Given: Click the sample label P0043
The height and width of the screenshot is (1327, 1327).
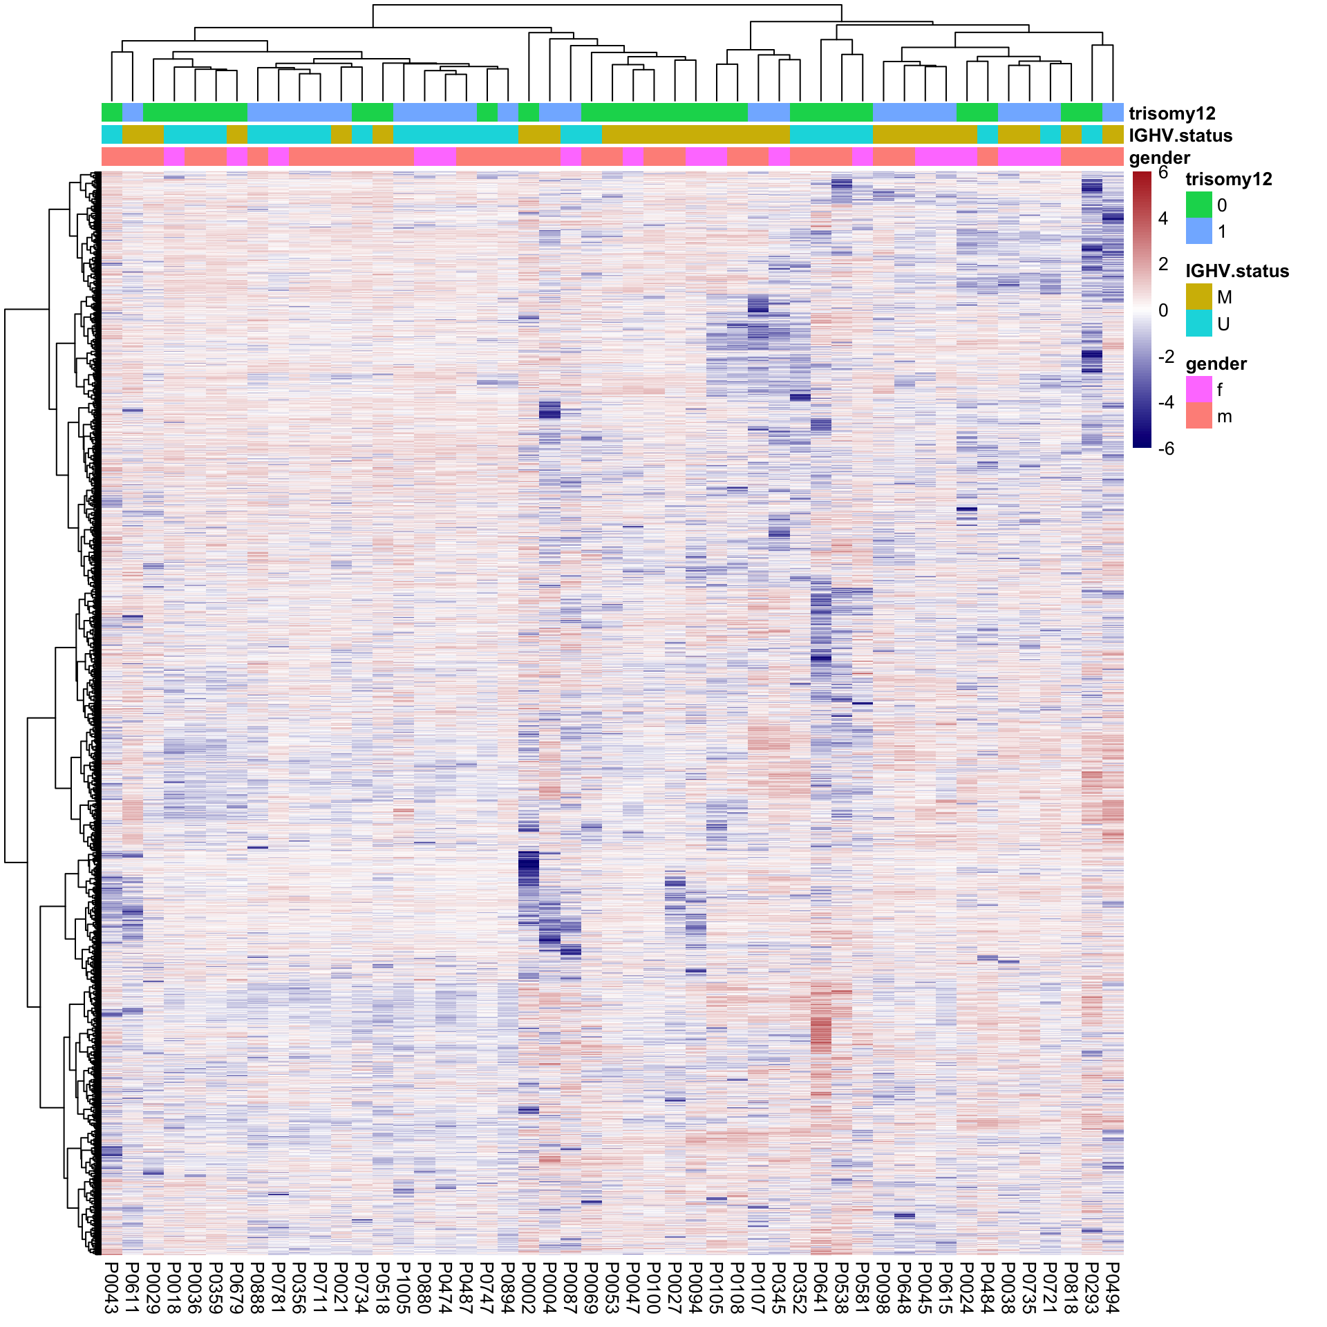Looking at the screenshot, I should pos(111,1287).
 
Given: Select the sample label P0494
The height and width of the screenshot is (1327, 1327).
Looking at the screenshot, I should pos(1113,1287).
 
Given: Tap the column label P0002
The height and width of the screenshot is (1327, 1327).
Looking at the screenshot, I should pos(529,1287).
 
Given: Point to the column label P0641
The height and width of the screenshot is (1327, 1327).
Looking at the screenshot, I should pos(821,1287).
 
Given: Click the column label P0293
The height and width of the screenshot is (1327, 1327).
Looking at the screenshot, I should pos(1092,1287).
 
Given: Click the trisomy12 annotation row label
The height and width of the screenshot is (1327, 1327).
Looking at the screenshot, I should pos(1172,113).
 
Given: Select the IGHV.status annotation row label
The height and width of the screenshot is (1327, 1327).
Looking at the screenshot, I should pos(1180,135).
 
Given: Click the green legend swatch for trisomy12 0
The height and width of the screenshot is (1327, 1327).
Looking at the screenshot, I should pos(1199,205).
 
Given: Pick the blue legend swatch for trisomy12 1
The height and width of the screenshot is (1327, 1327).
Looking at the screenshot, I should pos(1199,232).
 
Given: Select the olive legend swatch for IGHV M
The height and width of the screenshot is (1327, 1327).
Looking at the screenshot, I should pos(1199,297).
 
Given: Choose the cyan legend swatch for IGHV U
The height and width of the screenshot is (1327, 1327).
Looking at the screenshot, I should pos(1199,323).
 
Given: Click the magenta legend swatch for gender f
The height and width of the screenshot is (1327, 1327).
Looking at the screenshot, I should pos(1199,390).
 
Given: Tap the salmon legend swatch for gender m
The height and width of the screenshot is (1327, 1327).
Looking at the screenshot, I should pos(1199,416).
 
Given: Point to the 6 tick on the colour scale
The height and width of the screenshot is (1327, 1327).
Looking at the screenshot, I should pos(1163,173).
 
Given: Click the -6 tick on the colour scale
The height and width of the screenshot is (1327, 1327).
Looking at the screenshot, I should pos(1166,449).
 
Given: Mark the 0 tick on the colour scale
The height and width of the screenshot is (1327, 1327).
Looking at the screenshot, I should pos(1163,310).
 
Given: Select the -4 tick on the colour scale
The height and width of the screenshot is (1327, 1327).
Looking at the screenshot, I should pos(1166,402).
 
